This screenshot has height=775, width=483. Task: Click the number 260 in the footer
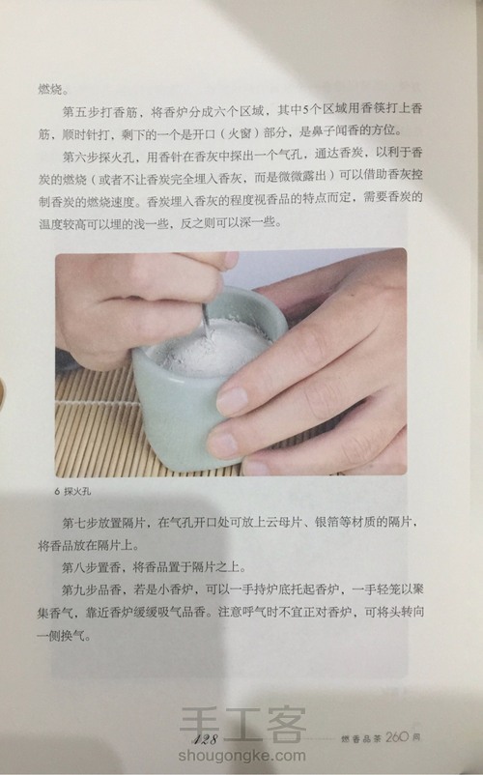398,738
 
